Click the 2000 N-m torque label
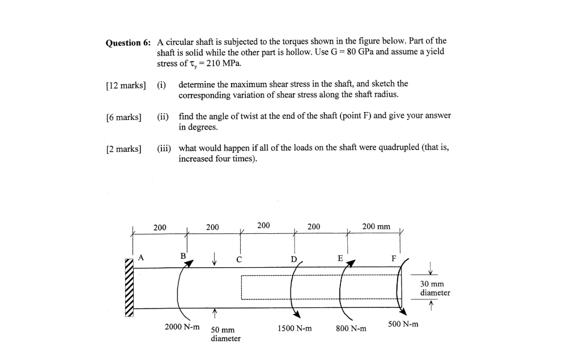coord(182,327)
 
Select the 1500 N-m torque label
coord(295,328)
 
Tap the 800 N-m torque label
coord(351,328)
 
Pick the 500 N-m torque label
coord(403,324)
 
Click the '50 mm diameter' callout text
coord(225,334)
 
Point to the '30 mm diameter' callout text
coord(435,288)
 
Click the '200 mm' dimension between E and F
coord(376,226)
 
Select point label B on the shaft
coord(183,256)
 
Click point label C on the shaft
coord(240,260)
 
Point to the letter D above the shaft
coord(293,259)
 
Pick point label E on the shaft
coord(340,258)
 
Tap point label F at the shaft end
coord(394,259)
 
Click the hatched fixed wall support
coord(130,287)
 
